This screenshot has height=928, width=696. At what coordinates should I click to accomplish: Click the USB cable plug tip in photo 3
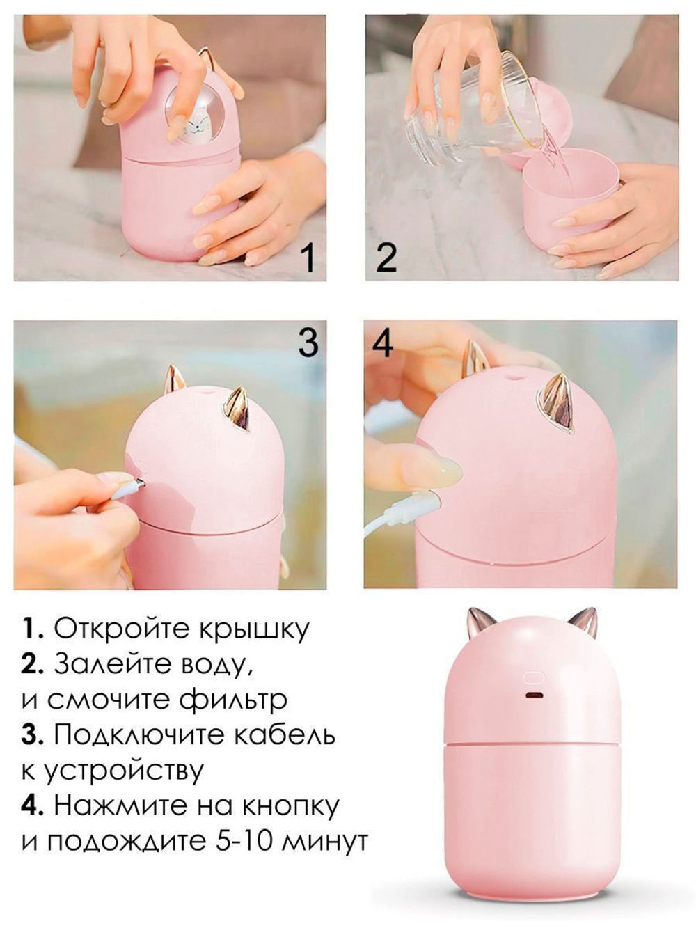tap(139, 482)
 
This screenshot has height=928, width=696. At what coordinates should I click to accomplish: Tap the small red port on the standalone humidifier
tap(535, 698)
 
